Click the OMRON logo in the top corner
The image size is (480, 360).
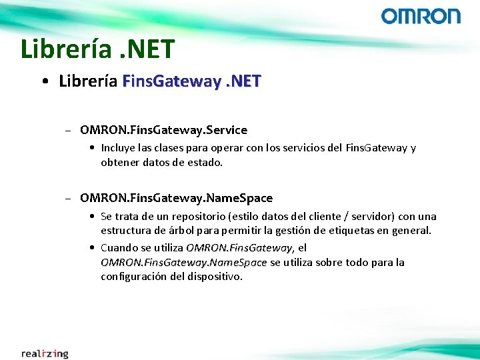[x=421, y=16]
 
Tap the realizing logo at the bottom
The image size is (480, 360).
[x=45, y=353]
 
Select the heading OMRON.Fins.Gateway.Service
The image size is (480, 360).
[x=163, y=129]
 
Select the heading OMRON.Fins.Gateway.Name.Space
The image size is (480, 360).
[x=176, y=197]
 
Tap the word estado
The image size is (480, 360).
[x=205, y=162]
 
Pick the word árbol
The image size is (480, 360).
[x=182, y=231]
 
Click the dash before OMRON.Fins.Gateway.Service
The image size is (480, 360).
[x=69, y=130]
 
